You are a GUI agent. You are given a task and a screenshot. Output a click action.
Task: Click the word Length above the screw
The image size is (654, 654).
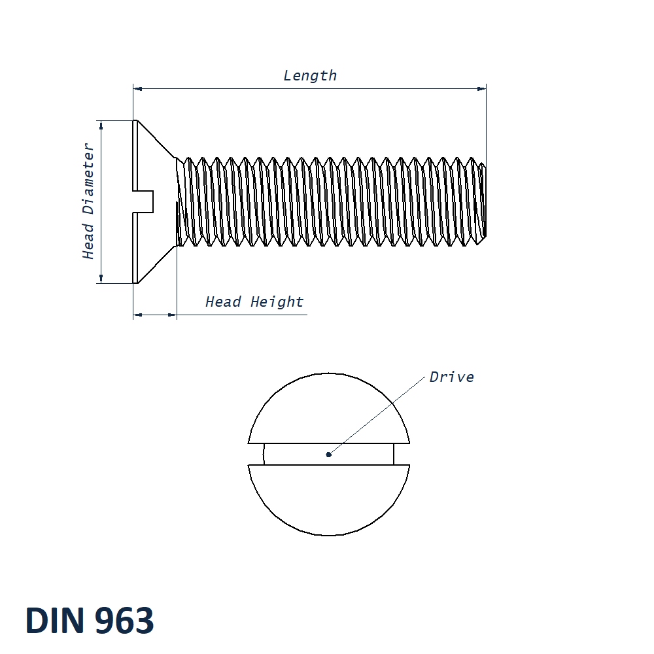(310, 76)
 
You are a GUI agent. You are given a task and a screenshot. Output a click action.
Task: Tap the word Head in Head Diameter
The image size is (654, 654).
(88, 241)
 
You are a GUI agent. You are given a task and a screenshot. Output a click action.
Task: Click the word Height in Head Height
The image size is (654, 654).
(277, 302)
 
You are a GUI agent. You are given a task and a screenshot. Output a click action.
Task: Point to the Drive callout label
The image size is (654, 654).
(451, 377)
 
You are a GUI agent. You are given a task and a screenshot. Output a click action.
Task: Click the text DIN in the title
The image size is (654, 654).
(55, 621)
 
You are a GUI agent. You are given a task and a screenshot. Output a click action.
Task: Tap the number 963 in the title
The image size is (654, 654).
(124, 621)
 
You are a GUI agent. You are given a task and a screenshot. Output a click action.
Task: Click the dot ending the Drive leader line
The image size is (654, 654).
(329, 454)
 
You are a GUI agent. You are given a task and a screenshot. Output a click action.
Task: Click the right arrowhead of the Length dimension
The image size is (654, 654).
(483, 88)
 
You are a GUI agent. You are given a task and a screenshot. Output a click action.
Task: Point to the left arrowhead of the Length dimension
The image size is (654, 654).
(137, 88)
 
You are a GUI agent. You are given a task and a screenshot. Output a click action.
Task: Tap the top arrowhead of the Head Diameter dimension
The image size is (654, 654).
(101, 124)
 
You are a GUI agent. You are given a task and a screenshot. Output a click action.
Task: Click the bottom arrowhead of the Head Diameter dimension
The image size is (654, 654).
(101, 279)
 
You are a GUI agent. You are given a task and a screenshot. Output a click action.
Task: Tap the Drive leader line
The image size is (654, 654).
(379, 415)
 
